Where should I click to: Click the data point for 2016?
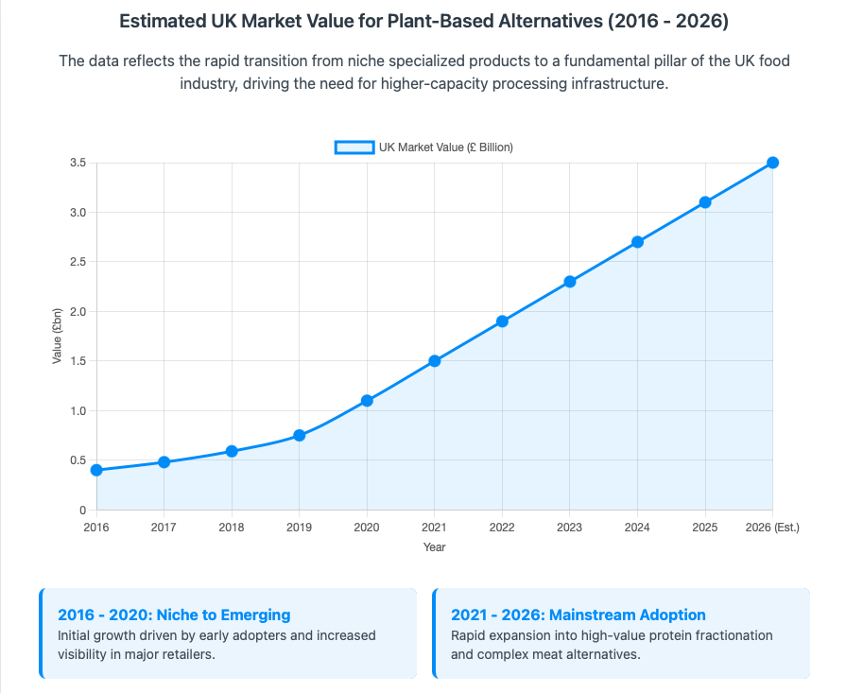tap(96, 470)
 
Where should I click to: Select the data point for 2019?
tap(300, 435)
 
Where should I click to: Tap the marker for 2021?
tap(435, 361)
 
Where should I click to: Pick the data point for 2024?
tap(637, 242)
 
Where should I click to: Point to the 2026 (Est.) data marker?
tap(772, 163)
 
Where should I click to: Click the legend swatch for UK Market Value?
tap(354, 147)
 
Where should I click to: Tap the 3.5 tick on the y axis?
tap(78, 163)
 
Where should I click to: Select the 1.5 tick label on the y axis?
tap(78, 361)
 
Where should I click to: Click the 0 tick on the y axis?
tap(83, 510)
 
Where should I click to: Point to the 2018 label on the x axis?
tap(232, 527)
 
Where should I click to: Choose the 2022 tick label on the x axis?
tap(502, 527)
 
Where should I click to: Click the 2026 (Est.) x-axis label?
tap(772, 527)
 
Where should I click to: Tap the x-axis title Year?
tap(435, 546)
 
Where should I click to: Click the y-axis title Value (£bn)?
tap(57, 336)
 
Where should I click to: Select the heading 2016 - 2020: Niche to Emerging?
tap(174, 615)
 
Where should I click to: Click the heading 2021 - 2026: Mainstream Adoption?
tap(578, 615)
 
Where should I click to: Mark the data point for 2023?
tap(570, 282)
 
